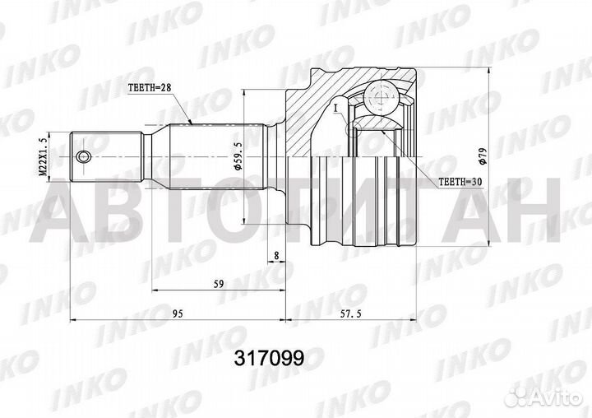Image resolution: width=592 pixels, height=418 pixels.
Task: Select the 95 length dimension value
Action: click(x=178, y=313)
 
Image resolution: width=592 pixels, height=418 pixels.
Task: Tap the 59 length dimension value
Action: click(x=218, y=284)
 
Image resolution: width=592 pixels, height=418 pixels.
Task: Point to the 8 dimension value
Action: click(x=277, y=256)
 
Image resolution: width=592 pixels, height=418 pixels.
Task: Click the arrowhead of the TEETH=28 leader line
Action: click(x=192, y=123)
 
